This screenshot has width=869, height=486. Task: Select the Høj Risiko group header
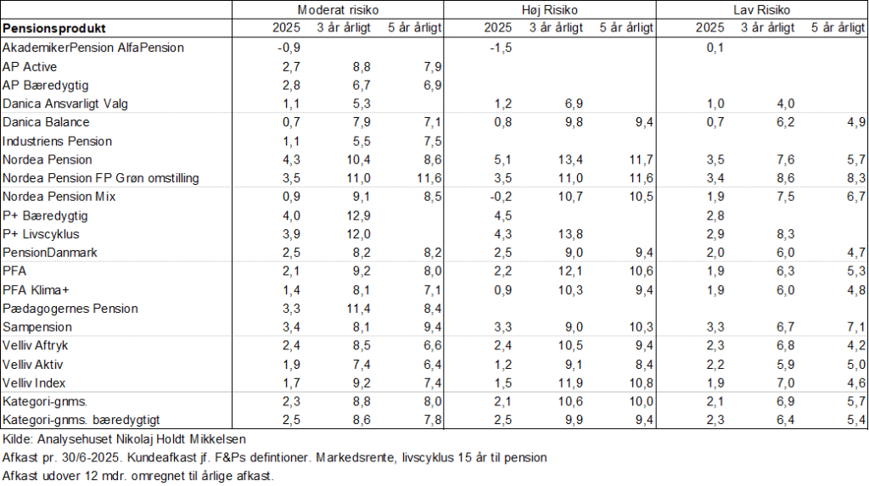pos(551,9)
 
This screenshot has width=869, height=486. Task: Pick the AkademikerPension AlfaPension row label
pos(93,47)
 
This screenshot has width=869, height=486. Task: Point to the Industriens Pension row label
pos(58,141)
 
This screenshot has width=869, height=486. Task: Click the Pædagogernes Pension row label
pos(70,308)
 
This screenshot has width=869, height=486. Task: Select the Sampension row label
pos(37,327)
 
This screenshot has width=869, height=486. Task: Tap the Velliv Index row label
pos(36,383)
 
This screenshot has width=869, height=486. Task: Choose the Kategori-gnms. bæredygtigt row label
pos(81,420)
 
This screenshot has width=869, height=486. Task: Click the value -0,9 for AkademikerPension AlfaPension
pos(289,47)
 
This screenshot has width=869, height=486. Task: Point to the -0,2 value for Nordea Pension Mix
pos(501,197)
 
